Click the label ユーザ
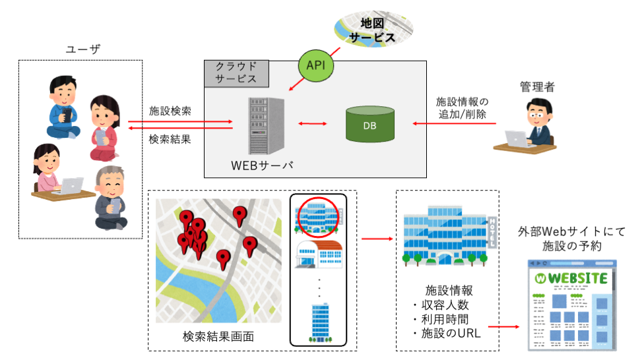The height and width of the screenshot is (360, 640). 82,49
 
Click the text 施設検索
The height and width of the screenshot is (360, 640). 170,111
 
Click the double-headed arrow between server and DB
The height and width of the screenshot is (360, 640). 313,123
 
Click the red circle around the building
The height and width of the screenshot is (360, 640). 318,216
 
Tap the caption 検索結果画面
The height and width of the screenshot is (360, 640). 218,337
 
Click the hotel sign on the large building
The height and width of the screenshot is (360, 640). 492,231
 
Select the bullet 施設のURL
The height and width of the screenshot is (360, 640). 446,333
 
